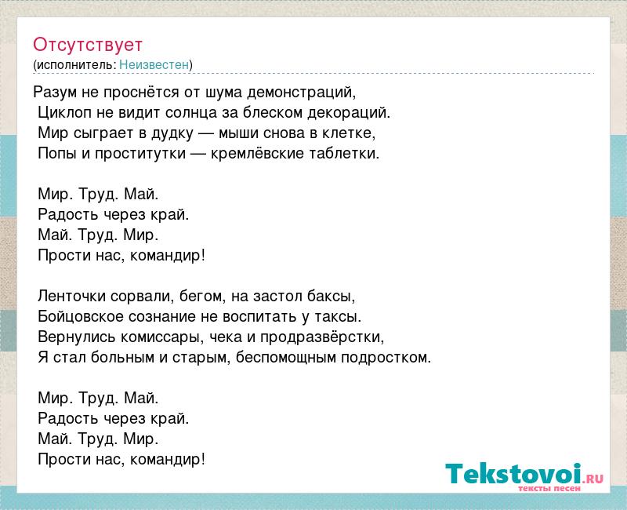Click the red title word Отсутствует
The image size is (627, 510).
[88, 45]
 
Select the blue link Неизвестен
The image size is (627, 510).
[154, 64]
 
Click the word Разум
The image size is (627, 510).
[55, 93]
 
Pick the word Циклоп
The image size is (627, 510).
[64, 113]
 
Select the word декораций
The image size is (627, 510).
[349, 113]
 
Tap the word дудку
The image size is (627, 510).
[172, 133]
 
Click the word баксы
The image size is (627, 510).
[331, 297]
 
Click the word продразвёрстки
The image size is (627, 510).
[322, 337]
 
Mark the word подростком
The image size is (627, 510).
[386, 358]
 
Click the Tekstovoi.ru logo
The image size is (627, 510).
[524, 476]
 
